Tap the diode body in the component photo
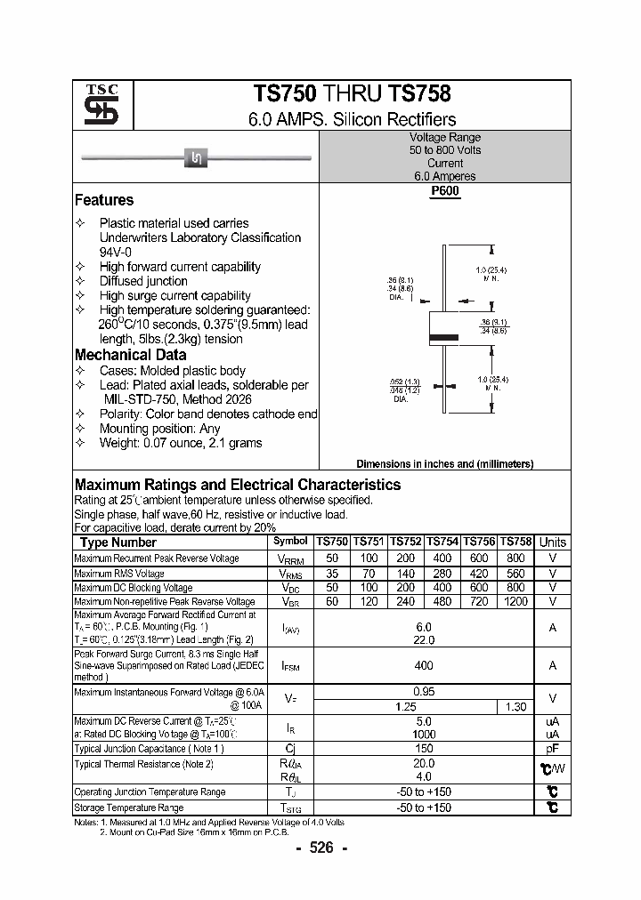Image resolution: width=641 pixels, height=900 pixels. [x=196, y=158]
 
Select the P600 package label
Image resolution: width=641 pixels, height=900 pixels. [x=445, y=191]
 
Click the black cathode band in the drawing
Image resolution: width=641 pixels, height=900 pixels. [x=444, y=337]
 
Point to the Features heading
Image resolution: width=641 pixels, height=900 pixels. [x=104, y=200]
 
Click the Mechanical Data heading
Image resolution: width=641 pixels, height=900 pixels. [x=130, y=355]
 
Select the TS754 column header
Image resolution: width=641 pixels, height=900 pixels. [x=442, y=542]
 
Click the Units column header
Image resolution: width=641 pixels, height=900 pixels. [x=553, y=542]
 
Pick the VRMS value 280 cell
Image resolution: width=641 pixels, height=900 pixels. [x=442, y=574]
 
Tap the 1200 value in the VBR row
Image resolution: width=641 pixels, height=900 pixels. [x=515, y=602]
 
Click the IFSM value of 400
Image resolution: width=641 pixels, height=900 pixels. [x=424, y=665]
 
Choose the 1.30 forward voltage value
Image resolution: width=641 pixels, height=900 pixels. [x=515, y=706]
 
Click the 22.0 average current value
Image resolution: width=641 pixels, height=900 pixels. [x=424, y=640]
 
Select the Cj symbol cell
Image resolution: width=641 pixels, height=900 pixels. [x=290, y=749]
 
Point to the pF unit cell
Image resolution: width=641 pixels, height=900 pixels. [x=553, y=749]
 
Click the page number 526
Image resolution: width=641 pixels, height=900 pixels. [x=320, y=848]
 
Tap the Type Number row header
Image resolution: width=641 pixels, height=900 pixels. [x=118, y=542]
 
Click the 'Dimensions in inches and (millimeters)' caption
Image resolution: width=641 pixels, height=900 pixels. [x=444, y=464]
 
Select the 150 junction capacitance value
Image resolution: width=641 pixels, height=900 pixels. [x=424, y=749]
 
